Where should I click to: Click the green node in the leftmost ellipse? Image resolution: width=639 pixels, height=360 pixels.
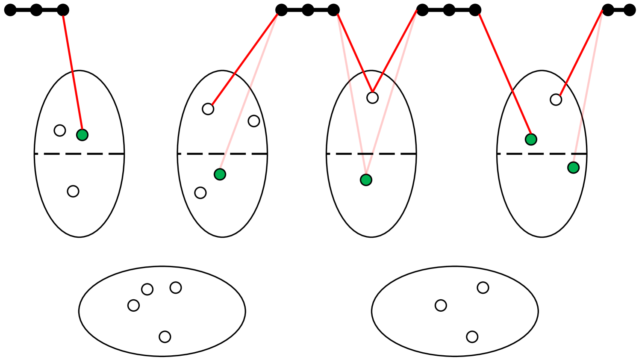pos(82,135)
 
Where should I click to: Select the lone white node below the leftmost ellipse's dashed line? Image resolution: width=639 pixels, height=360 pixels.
pos(73,191)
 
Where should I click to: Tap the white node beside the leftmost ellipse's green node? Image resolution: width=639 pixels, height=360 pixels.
pos(60,130)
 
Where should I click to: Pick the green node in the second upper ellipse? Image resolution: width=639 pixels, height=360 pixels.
pos(220,174)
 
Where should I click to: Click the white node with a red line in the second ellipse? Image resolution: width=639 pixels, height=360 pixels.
pos(208,109)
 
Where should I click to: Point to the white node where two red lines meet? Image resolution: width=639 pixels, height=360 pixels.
pos(372,97)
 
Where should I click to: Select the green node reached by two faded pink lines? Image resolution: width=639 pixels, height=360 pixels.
pos(366,180)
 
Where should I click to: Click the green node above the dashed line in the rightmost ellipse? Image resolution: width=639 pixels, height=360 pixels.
pos(531,139)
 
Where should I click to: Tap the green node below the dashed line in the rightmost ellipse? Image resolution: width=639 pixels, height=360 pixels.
pos(573,168)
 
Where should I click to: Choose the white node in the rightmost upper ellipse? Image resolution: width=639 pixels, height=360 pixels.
pos(556,100)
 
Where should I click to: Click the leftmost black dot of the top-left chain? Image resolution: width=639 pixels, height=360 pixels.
pos(10,9)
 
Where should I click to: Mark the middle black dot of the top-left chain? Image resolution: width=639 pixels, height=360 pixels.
pos(36,9)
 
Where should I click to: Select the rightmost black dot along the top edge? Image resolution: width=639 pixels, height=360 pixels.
pos(630,9)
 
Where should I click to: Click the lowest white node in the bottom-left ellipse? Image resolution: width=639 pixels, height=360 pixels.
pos(165,337)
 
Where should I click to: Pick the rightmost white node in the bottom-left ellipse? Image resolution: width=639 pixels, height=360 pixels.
pos(175,287)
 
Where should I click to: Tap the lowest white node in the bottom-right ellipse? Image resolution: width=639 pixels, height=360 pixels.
pos(472,337)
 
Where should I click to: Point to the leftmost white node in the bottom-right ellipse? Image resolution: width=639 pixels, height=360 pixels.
pos(441,305)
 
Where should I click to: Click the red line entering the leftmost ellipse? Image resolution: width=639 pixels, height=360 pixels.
pos(73,73)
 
